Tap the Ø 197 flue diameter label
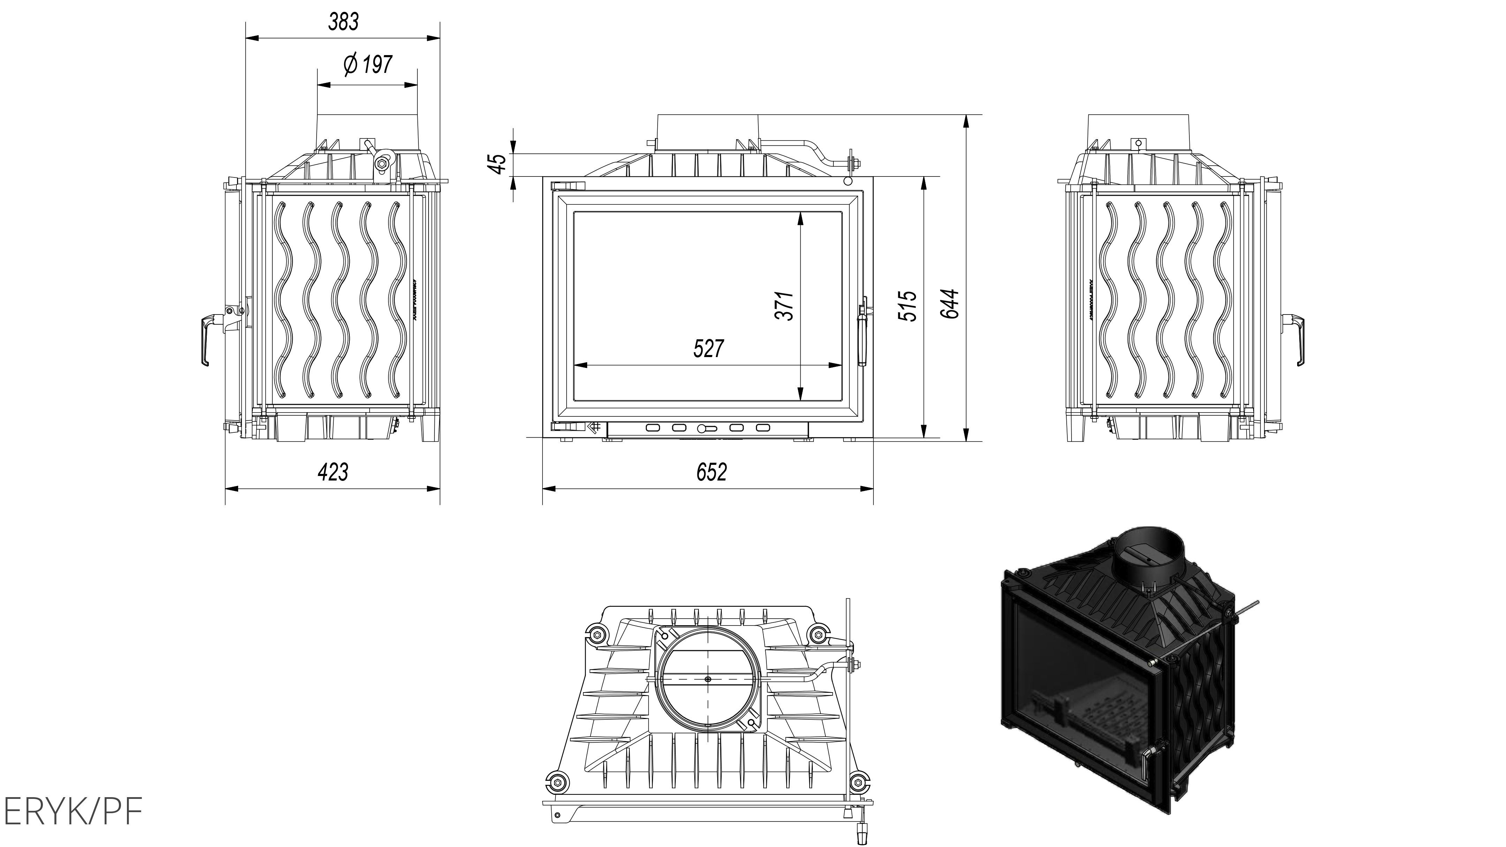(368, 64)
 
